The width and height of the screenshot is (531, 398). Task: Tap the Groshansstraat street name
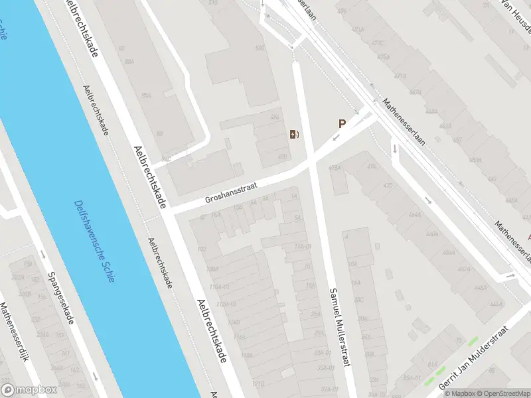[x=230, y=188]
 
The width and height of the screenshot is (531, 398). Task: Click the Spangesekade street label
[x=60, y=299]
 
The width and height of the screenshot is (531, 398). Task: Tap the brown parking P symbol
[x=342, y=123]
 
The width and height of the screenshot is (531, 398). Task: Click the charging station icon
[x=294, y=135]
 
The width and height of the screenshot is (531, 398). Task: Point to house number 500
[x=260, y=49]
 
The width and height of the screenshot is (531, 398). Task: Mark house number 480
[x=282, y=157]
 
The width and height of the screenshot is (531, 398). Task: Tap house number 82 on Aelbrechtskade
[x=121, y=48]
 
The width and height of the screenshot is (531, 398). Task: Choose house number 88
[x=159, y=133]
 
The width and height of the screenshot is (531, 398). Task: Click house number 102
[x=202, y=249]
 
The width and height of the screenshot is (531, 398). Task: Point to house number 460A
[x=432, y=233]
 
